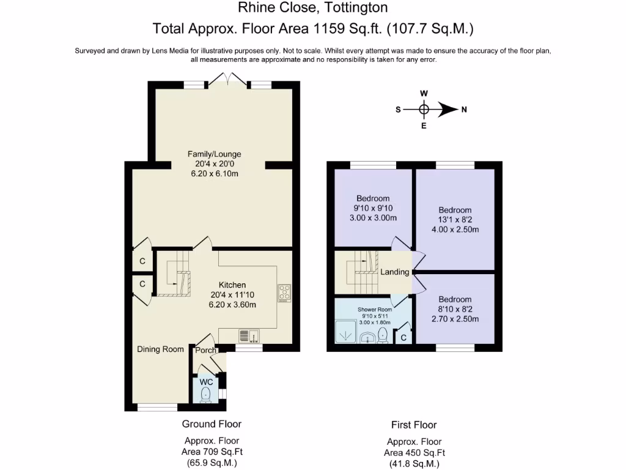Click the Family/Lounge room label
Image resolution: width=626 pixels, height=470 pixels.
click(x=214, y=154)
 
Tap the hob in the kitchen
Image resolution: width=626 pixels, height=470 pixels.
click(x=285, y=293)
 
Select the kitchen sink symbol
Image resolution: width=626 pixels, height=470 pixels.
click(x=249, y=335)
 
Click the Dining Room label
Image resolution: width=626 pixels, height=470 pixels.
click(x=160, y=349)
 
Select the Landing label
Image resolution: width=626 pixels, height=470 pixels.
click(x=394, y=272)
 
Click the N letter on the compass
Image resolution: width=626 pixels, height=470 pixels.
click(x=464, y=110)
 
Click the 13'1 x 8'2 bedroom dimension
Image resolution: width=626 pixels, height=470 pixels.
click(x=455, y=220)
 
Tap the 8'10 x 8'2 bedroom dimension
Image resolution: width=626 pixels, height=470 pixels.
click(x=455, y=310)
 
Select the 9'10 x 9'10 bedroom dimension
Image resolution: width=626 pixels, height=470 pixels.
click(x=373, y=209)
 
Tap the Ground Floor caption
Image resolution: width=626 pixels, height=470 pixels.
click(x=212, y=424)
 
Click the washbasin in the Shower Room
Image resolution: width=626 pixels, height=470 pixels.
click(x=369, y=337)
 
